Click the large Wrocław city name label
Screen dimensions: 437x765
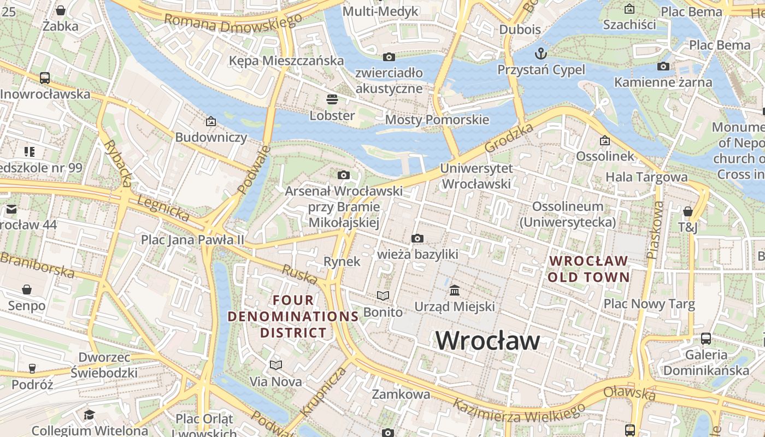tap(487, 341)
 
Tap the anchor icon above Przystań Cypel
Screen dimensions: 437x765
tap(540, 54)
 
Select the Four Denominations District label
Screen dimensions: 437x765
tap(293, 316)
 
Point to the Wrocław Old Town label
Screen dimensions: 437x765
tap(589, 269)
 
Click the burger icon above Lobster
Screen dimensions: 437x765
tap(332, 99)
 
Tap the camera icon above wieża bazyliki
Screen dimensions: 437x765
tap(417, 238)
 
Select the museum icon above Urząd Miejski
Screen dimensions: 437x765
tap(454, 290)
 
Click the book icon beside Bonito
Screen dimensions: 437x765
tap(384, 296)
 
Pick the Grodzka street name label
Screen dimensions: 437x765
tap(509, 138)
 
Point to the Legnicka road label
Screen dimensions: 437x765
tap(162, 209)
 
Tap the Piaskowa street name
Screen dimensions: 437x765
tap(654, 229)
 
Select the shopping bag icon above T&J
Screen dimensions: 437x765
tap(687, 211)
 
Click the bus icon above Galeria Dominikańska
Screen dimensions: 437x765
tap(706, 338)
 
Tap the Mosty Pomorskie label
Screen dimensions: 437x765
tap(437, 120)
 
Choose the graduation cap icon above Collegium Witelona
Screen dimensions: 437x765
tap(89, 415)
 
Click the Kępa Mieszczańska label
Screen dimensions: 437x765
tap(286, 61)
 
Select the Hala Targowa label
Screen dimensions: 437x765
tap(646, 176)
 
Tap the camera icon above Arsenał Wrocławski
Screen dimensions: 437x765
tap(343, 175)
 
